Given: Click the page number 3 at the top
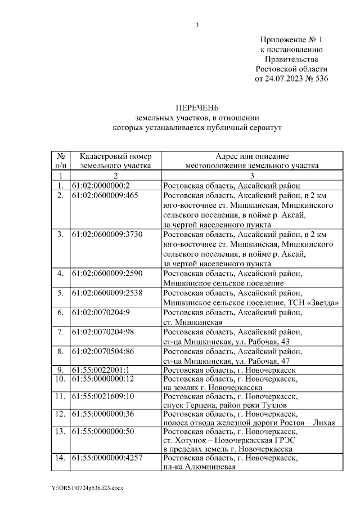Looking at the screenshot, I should tap(197, 24).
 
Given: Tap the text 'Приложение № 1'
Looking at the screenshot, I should tap(291, 40).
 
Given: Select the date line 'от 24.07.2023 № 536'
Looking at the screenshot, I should tap(291, 78).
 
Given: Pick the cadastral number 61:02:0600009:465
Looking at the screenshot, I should tap(105, 195).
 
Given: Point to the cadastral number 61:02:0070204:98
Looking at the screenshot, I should tap(103, 331).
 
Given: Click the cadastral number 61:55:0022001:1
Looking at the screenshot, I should tap(101, 370).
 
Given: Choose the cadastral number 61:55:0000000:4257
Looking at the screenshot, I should tap(107, 458).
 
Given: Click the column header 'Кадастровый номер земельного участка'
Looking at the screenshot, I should tap(116, 160).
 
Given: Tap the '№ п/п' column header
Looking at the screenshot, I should tap(61, 160).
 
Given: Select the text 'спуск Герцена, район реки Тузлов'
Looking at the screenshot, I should tap(225, 405).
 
